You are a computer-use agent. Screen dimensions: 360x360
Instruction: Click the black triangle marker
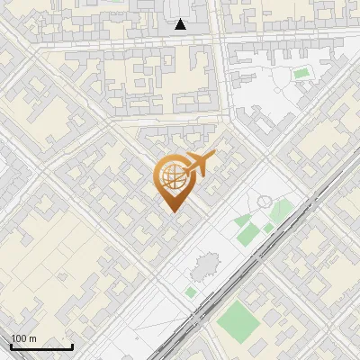coord(181,24)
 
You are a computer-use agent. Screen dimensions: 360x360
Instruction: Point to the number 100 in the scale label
coord(20,338)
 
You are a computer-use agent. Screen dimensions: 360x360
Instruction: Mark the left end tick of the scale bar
coord(11,346)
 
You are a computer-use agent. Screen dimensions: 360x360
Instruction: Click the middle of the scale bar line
coord(41,348)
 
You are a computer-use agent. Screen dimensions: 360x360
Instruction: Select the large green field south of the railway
coord(236,319)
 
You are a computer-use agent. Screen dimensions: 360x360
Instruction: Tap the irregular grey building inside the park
coord(205,266)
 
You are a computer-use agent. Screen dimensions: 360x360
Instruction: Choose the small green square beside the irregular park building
coord(191,292)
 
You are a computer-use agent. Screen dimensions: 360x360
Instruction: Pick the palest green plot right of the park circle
coord(283,211)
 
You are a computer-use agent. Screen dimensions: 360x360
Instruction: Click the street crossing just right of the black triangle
coord(215,40)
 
